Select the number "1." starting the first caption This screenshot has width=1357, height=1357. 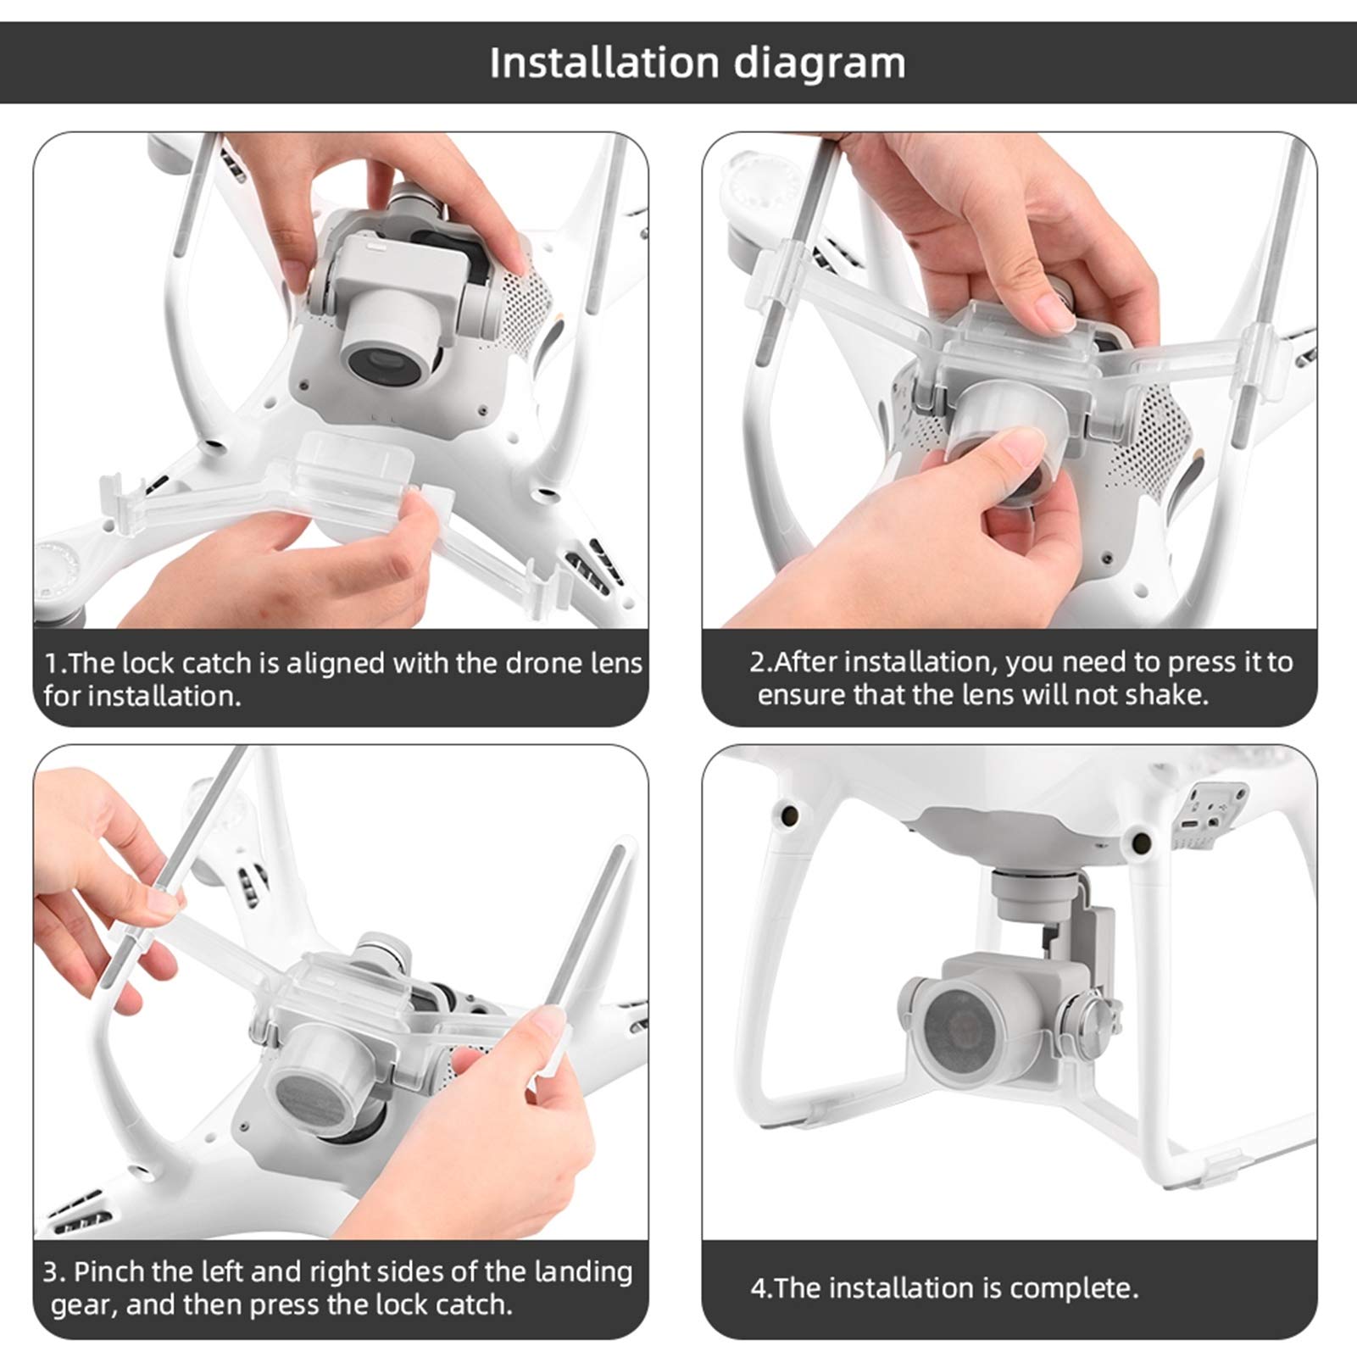(x=56, y=663)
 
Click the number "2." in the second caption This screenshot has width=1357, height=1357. (x=761, y=661)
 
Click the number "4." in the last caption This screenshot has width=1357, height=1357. (x=762, y=1289)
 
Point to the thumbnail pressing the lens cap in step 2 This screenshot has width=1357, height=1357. (x=1021, y=443)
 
